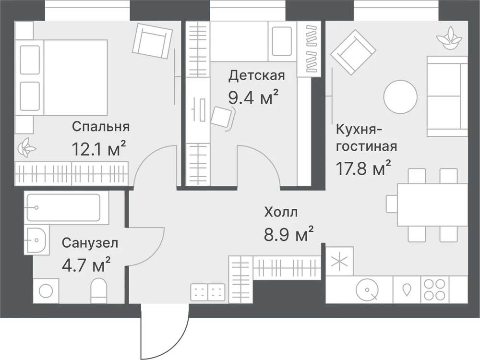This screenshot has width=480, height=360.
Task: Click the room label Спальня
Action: coord(101,126)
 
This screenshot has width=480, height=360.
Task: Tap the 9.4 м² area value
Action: coord(253,97)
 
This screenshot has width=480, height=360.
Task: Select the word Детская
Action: coord(256,75)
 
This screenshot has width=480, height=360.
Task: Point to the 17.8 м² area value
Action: coord(363,168)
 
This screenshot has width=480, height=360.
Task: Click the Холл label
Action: coord(281,212)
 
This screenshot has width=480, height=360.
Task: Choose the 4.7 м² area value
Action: coord(86,265)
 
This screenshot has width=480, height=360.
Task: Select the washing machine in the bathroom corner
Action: coord(46,291)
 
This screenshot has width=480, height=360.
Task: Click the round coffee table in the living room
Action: coord(400,97)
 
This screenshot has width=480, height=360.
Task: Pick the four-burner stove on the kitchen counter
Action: coord(435,289)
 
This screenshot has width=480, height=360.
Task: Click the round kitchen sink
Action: coord(367,289)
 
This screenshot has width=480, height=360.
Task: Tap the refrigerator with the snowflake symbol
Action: coord(339,261)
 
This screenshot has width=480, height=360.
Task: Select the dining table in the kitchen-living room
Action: coord(432,204)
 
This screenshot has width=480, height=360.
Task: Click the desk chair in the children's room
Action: coord(223,118)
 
